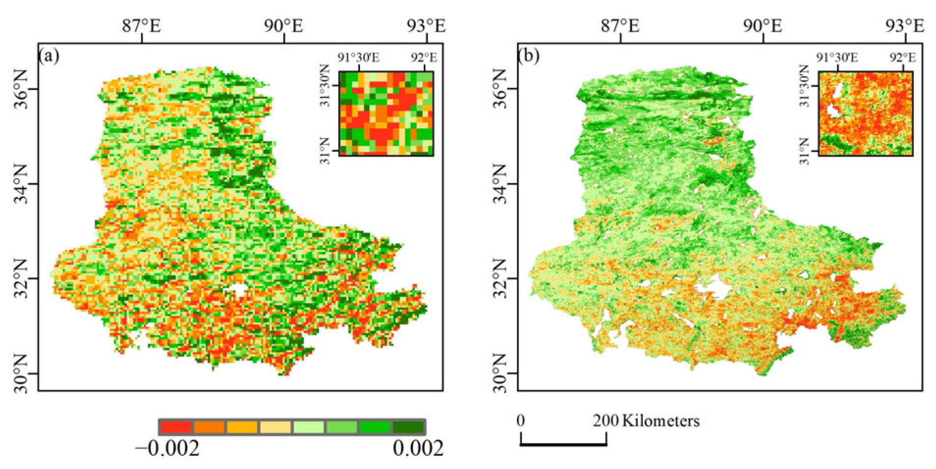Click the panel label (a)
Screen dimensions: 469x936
49,56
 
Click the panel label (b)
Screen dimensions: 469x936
528,56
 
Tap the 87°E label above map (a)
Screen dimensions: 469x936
141,26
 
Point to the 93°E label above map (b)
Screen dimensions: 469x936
905,26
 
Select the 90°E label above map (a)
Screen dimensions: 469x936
283,26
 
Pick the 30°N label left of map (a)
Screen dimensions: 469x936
20,373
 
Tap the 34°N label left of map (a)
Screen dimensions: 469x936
20,184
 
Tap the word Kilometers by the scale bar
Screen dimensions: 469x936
661,421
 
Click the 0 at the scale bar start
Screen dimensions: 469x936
521,421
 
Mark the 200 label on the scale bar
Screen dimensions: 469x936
606,421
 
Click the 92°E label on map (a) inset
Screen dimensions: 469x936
424,57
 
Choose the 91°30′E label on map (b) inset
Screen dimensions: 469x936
837,57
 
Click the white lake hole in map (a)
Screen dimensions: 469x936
238,290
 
